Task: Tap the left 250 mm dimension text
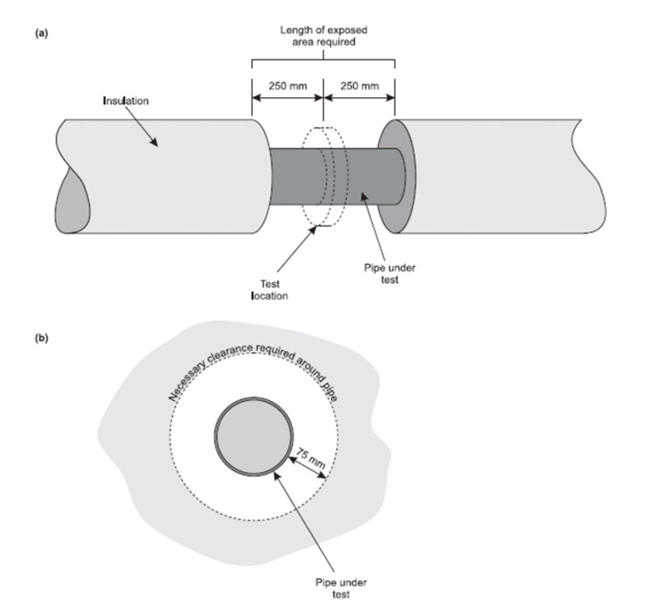(287, 86)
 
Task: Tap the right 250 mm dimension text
(359, 86)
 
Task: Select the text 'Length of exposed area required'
(323, 36)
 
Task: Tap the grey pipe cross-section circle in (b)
(254, 436)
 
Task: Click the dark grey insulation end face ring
(404, 176)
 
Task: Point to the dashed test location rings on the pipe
(326, 176)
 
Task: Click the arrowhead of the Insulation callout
(157, 144)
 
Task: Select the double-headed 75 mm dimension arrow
(309, 462)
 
